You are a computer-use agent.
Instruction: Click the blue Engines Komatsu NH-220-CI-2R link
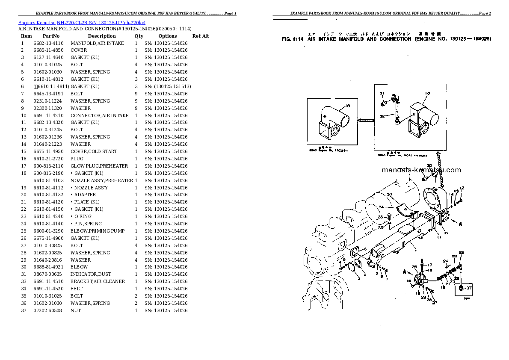click(81, 22)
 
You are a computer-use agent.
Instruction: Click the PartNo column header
click(51, 36)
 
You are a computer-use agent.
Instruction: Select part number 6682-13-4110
click(48, 43)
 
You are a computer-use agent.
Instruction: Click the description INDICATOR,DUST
click(90, 274)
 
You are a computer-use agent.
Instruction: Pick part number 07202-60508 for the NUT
click(48, 310)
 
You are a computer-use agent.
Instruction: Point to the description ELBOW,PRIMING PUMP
click(97, 231)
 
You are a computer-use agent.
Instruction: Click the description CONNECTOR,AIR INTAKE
click(99, 115)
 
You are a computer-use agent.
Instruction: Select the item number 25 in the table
click(24, 231)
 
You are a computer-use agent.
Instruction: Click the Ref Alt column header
click(200, 36)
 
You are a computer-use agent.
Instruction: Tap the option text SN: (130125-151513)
click(168, 86)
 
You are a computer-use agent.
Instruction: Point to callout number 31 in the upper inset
click(382, 94)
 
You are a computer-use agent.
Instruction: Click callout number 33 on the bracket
click(389, 195)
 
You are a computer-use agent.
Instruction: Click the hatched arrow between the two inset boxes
click(367, 120)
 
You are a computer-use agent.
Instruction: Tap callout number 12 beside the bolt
click(462, 189)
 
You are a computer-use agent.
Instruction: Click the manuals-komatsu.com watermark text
click(421, 170)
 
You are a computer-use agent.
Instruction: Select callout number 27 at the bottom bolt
click(435, 303)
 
